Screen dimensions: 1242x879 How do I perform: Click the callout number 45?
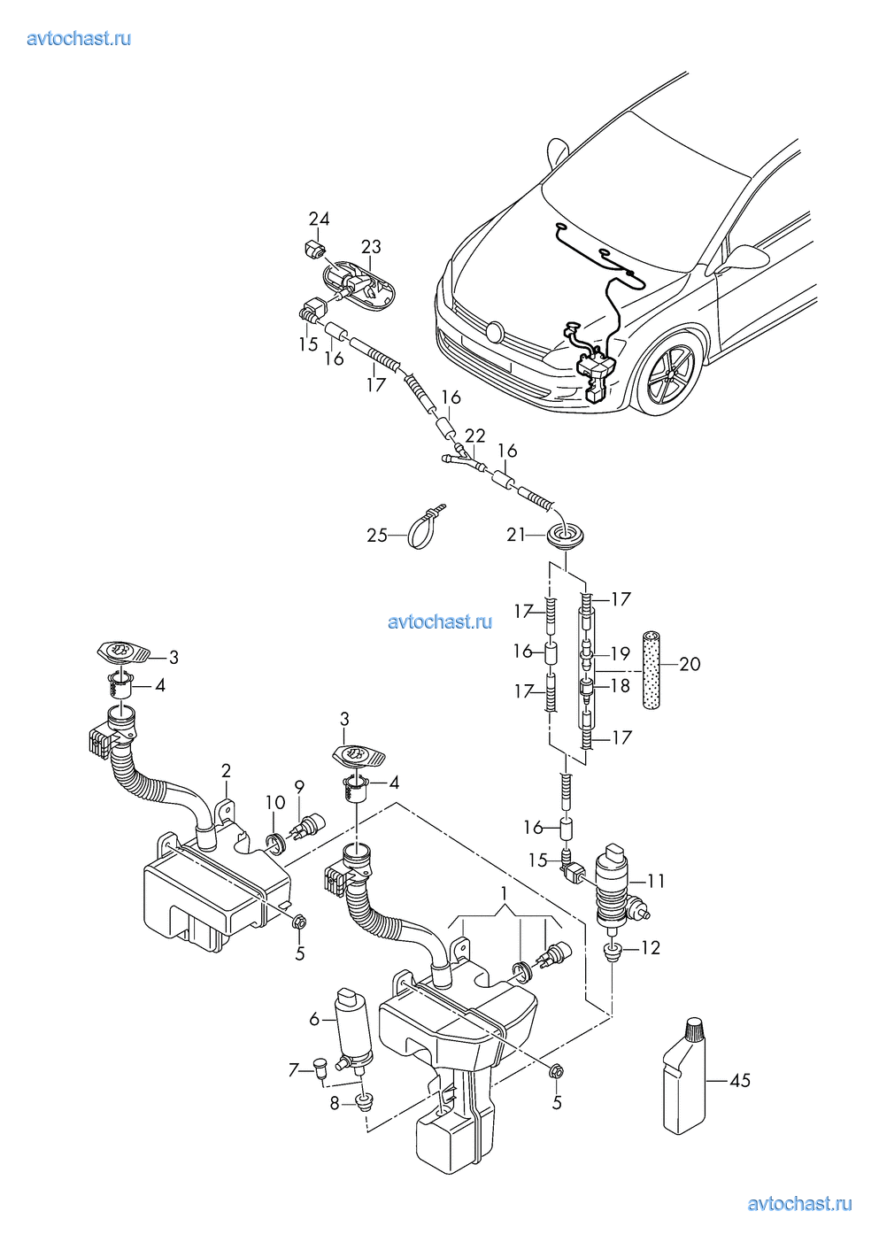tap(740, 1081)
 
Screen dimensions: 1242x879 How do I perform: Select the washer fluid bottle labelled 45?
tap(685, 1084)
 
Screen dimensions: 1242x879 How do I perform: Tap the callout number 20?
tap(690, 663)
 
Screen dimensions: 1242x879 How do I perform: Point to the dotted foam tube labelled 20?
tap(652, 673)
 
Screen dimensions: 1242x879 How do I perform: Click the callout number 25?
tap(377, 536)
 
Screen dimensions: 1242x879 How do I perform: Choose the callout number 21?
tap(517, 535)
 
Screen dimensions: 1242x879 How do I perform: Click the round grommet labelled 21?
tap(558, 536)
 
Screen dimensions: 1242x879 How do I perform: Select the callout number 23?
tap(371, 247)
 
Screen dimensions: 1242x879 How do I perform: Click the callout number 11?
tap(655, 881)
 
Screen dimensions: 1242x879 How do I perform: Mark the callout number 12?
tap(650, 948)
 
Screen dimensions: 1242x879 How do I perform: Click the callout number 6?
tap(314, 1019)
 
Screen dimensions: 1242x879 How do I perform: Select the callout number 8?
tap(335, 1103)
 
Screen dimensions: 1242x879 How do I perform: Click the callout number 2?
tap(226, 771)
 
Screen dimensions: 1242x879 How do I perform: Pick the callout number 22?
tap(475, 436)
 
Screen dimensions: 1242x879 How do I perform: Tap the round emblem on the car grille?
tap(494, 333)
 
